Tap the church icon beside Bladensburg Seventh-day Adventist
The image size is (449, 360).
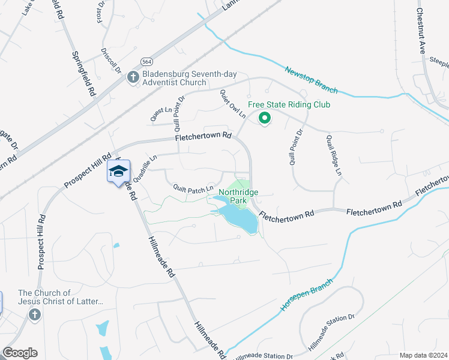point(133,76)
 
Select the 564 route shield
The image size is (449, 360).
point(146,62)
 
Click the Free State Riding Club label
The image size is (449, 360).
point(289,104)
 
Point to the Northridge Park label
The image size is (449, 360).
point(238,196)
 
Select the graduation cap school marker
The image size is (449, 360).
point(118,172)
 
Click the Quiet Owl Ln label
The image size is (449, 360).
point(233,103)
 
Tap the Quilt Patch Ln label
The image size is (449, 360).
point(193,188)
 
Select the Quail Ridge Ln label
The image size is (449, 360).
point(334,154)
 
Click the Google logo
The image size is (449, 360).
point(20,353)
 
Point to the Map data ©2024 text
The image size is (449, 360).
point(424,355)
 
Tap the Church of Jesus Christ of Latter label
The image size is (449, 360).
point(61,298)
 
